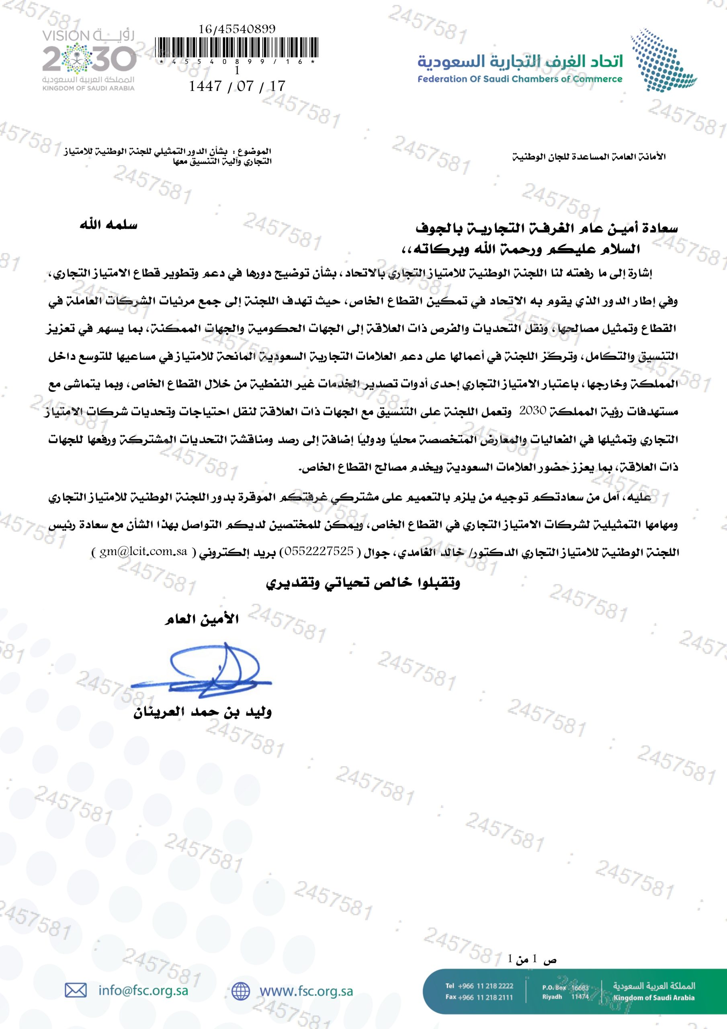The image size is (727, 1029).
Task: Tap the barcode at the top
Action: (237, 50)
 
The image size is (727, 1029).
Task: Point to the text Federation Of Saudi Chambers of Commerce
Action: (520, 79)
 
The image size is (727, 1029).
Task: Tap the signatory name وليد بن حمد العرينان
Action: (202, 712)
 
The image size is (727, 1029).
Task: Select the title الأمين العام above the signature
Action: (201, 620)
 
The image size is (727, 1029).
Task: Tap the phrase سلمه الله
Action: (109, 225)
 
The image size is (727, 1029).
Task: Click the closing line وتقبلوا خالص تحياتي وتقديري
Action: (363, 583)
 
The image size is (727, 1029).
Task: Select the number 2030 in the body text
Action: (532, 411)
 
